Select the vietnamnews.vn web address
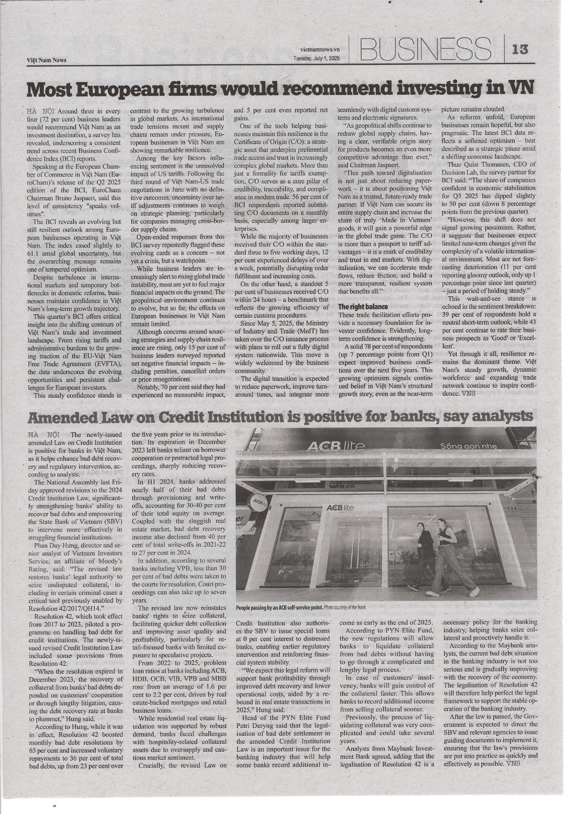tap(320, 50)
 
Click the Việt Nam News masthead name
tap(46, 60)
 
